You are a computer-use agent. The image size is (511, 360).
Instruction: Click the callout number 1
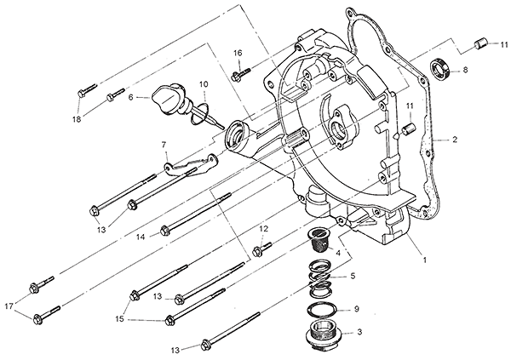424,260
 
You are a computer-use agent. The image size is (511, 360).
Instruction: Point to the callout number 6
131,98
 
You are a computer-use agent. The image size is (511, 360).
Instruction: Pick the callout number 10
204,83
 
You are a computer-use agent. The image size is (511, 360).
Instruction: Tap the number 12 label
264,229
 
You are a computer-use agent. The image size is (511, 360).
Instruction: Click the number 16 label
238,54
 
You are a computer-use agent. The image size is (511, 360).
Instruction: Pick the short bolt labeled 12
261,249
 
